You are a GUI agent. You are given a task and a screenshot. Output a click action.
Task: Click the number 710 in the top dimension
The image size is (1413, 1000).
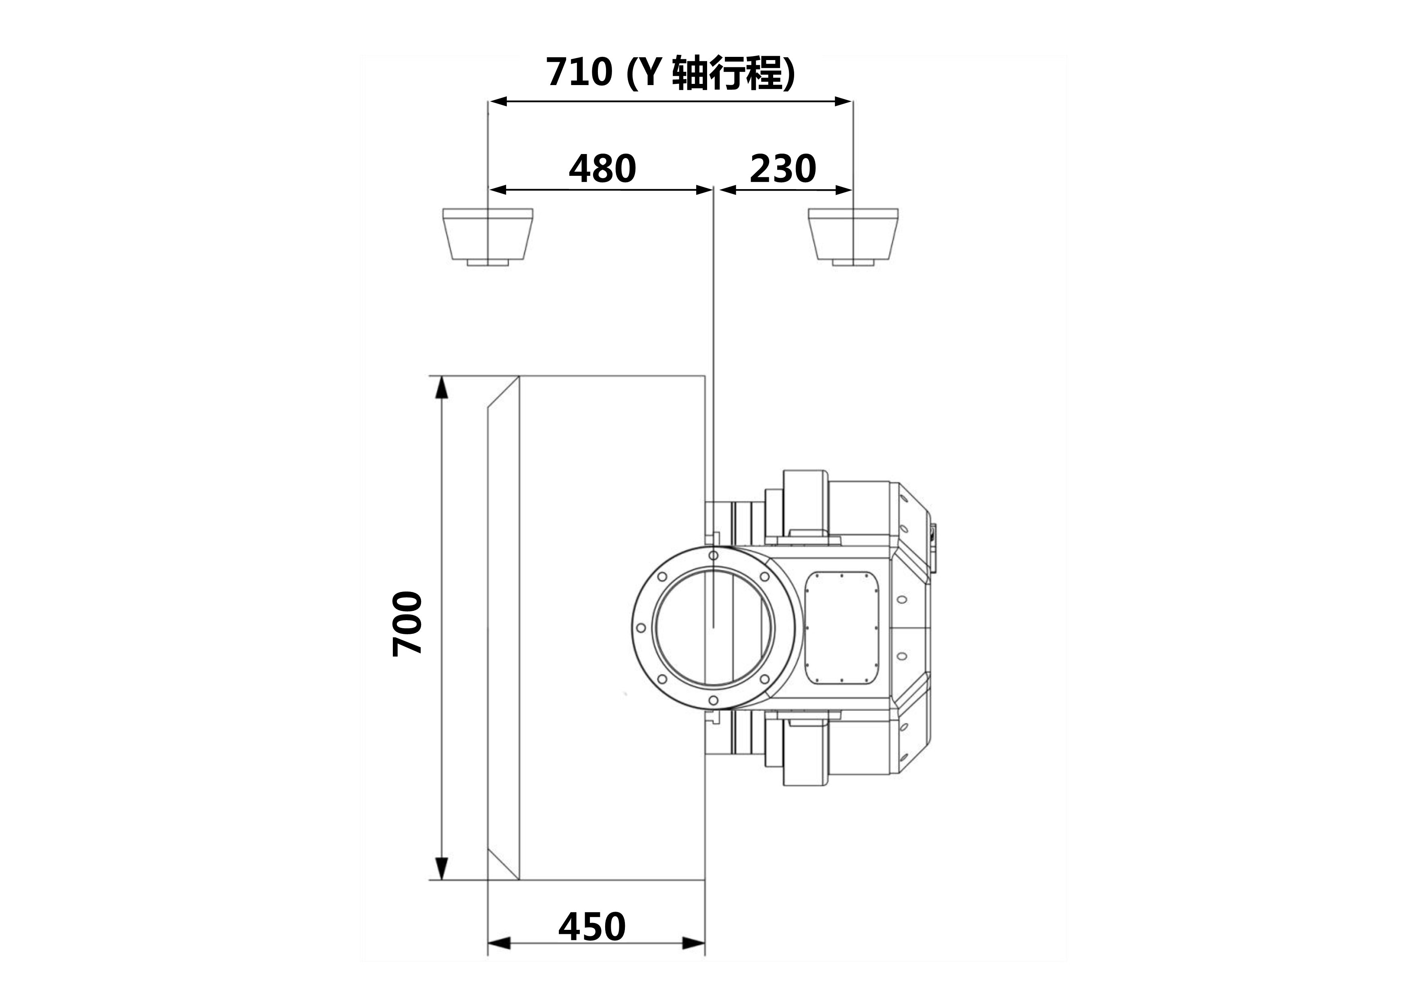click(x=579, y=72)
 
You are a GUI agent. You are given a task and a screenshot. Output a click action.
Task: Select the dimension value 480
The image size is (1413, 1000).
click(x=602, y=169)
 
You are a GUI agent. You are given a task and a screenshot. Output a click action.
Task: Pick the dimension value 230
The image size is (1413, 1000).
click(x=783, y=169)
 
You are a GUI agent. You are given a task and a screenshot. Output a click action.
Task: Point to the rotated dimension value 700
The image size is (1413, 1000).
click(x=407, y=624)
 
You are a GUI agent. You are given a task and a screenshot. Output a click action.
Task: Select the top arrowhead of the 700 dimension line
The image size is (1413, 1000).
click(x=441, y=387)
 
